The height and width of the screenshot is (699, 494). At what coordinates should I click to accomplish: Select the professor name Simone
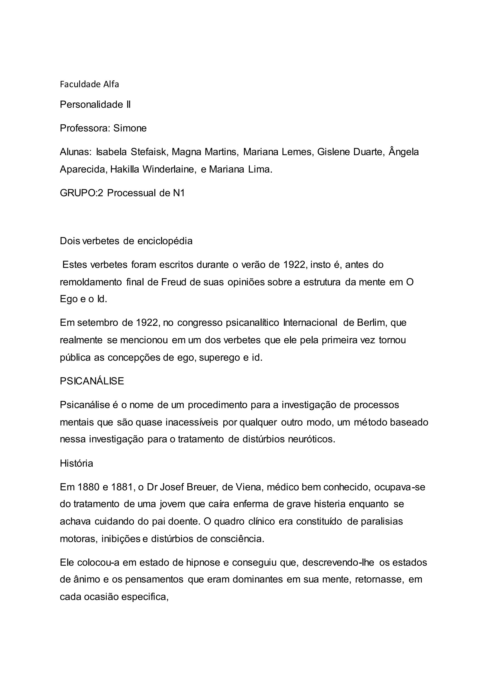[130, 128]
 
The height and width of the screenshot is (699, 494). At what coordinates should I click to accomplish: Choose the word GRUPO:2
[82, 193]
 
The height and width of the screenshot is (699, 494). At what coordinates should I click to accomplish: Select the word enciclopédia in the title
[165, 241]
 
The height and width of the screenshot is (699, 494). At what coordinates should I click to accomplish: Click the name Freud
[174, 282]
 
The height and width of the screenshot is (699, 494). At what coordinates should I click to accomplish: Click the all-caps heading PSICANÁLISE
[92, 381]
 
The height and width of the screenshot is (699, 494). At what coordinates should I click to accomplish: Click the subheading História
[76, 463]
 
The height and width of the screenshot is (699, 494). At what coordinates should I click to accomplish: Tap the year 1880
[89, 487]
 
